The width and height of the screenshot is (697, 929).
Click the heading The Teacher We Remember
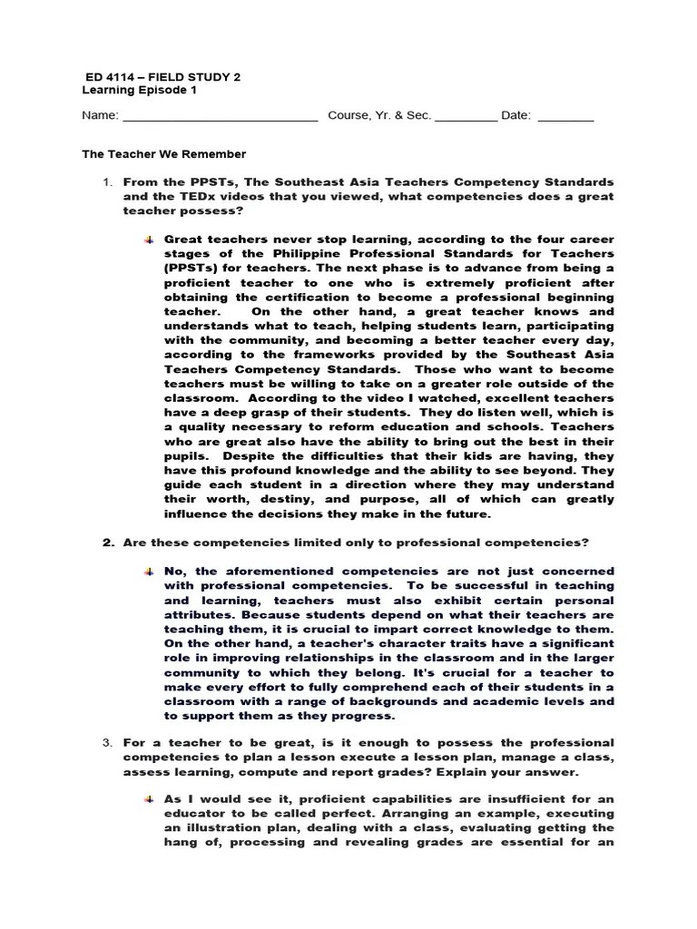point(164,154)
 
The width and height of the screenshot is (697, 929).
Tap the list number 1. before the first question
point(106,182)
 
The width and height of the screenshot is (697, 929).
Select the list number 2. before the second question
point(106,543)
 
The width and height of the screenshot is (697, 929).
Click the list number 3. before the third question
point(106,743)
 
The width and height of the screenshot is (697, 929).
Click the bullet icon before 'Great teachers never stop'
point(149,239)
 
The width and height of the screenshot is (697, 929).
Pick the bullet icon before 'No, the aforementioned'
point(149,572)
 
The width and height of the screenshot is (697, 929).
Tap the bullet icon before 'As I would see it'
point(149,799)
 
